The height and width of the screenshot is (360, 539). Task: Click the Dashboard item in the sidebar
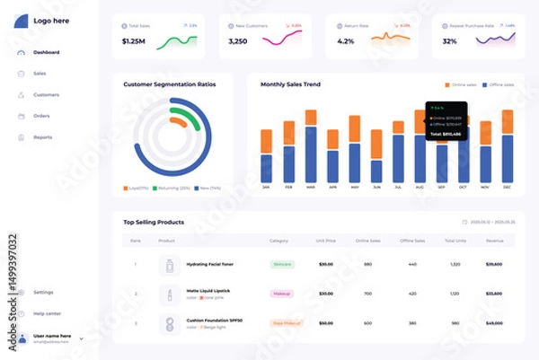tap(46, 52)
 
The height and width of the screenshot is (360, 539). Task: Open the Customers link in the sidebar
tap(46, 94)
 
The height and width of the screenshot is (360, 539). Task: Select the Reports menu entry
tap(42, 137)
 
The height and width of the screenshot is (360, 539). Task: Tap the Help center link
tap(47, 313)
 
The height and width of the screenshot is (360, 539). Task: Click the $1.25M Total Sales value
tap(133, 40)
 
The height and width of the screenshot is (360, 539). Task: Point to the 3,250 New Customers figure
tap(238, 40)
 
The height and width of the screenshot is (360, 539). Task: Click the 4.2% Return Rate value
tap(346, 40)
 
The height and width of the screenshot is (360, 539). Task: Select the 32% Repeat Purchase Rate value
tap(450, 40)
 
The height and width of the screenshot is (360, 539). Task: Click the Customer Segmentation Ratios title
tap(170, 84)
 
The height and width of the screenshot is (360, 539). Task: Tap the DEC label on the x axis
tap(507, 188)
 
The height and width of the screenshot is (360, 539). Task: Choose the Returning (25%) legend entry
tap(173, 189)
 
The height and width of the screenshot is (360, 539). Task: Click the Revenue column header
tap(494, 241)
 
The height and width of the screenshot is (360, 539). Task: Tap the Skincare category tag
tap(282, 265)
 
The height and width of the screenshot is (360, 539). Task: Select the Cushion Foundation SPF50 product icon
tap(169, 323)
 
